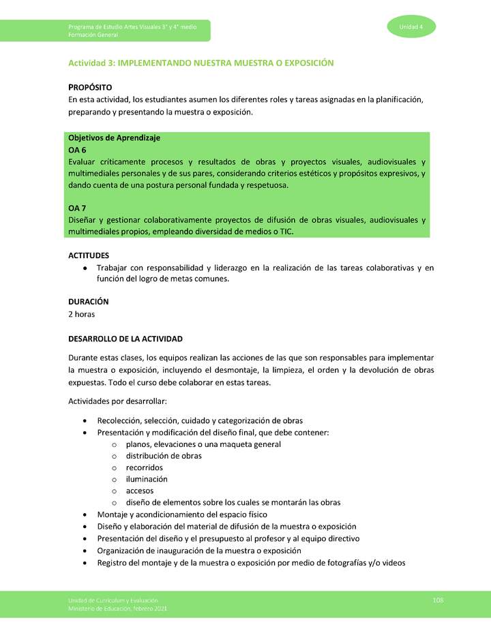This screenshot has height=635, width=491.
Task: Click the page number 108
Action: click(438, 600)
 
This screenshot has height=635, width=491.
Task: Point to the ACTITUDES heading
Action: click(89, 255)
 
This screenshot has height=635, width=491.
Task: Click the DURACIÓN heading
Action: click(89, 301)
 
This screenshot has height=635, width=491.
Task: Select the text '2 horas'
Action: click(82, 314)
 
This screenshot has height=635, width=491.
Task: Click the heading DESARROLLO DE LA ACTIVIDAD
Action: click(125, 339)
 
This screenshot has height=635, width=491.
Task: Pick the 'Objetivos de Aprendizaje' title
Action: click(114, 138)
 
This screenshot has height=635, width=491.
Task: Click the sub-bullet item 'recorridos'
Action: click(144, 467)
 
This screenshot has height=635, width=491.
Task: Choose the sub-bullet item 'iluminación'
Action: click(146, 479)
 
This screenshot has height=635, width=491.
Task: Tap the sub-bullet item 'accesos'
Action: click(140, 491)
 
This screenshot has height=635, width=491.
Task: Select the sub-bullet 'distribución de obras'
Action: click(164, 456)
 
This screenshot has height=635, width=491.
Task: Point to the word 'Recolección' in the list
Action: click(121, 420)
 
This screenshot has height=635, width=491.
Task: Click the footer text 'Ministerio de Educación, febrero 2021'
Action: click(117, 608)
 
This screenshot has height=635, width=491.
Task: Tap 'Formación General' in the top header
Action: click(93, 34)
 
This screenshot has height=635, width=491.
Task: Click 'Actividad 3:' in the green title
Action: click(91, 63)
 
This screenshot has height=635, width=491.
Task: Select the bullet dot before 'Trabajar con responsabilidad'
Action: click(84, 268)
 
